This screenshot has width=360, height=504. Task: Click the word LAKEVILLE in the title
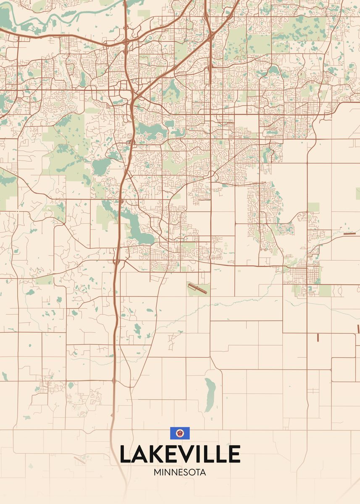(x=180, y=454)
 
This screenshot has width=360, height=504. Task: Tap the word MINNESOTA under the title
(x=180, y=472)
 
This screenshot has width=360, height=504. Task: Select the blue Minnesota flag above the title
(x=180, y=433)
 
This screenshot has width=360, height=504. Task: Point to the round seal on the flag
(x=180, y=433)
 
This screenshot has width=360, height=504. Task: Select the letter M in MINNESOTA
(x=157, y=472)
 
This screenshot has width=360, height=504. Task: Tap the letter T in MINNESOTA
(x=197, y=472)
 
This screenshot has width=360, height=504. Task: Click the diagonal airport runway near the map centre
(x=197, y=289)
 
